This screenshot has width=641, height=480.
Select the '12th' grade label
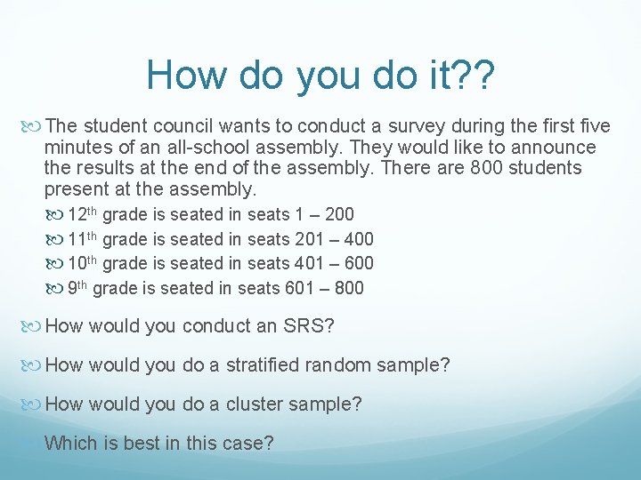click(83, 213)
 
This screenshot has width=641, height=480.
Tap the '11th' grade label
click(83, 238)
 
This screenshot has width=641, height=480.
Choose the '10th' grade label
click(83, 263)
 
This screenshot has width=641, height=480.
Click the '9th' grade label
click(77, 288)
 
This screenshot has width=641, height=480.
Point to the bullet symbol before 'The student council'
click(34, 126)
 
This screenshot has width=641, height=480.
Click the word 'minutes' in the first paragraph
click(76, 147)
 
